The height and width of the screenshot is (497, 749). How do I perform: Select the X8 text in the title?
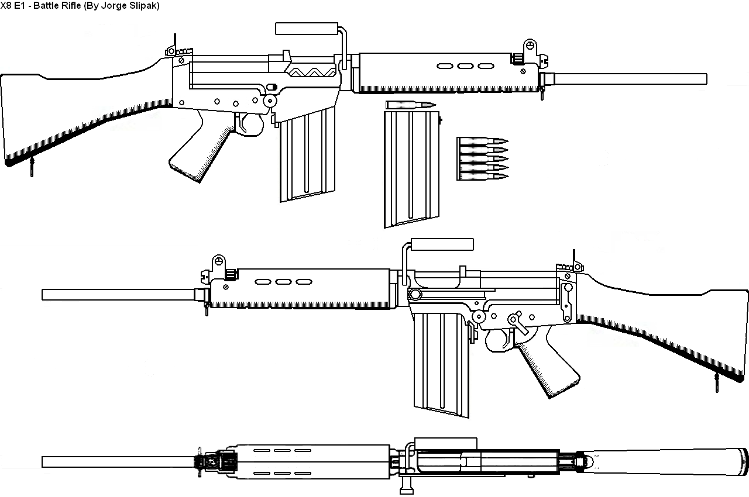pos(5,5)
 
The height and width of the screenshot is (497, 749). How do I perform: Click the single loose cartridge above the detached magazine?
pos(411,105)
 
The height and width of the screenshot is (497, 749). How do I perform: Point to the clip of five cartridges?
pos(481,158)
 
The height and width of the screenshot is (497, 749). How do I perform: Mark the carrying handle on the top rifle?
pos(306,28)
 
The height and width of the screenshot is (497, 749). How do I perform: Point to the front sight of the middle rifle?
pos(218,261)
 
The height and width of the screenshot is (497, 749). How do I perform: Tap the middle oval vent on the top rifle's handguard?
pos(464,66)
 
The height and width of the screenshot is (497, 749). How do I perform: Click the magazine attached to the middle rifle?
pos(440,363)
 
